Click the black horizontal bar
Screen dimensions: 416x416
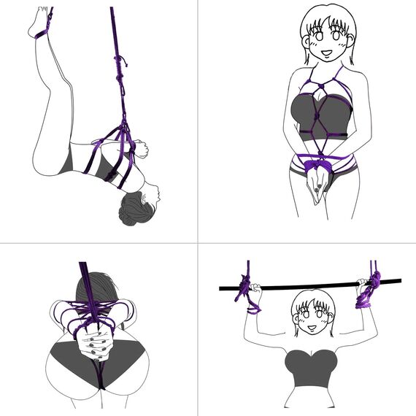point(307,285)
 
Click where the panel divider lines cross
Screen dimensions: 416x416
point(199,243)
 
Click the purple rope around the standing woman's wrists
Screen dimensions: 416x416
point(315,162)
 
